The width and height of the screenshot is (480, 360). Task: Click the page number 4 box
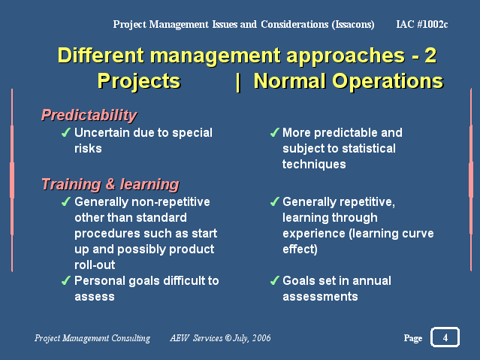[x=445, y=337]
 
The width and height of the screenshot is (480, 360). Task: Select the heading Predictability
[x=89, y=116]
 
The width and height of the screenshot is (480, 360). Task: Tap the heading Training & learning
[x=110, y=184]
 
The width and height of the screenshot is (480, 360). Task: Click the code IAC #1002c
[x=422, y=24]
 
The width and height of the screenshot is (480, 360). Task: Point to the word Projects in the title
[x=139, y=81]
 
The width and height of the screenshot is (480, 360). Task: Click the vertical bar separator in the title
[x=238, y=82]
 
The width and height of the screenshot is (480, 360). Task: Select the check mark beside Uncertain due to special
[x=66, y=132]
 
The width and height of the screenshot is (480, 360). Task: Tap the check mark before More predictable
[x=274, y=132]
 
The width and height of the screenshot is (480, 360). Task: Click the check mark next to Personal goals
[x=66, y=280]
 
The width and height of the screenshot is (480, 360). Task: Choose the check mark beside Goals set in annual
[x=274, y=280]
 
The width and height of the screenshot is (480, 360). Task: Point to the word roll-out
[x=95, y=265]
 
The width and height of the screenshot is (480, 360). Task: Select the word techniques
[x=314, y=165]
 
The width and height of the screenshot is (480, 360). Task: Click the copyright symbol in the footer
[x=228, y=337]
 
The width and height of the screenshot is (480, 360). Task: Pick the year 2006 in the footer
[x=261, y=338]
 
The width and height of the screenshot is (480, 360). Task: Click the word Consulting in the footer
[x=131, y=338]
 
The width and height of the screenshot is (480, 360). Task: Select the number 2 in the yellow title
[x=430, y=56]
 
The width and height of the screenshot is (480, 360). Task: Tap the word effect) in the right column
[x=300, y=249]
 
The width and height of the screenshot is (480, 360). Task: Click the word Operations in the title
[x=388, y=81]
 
